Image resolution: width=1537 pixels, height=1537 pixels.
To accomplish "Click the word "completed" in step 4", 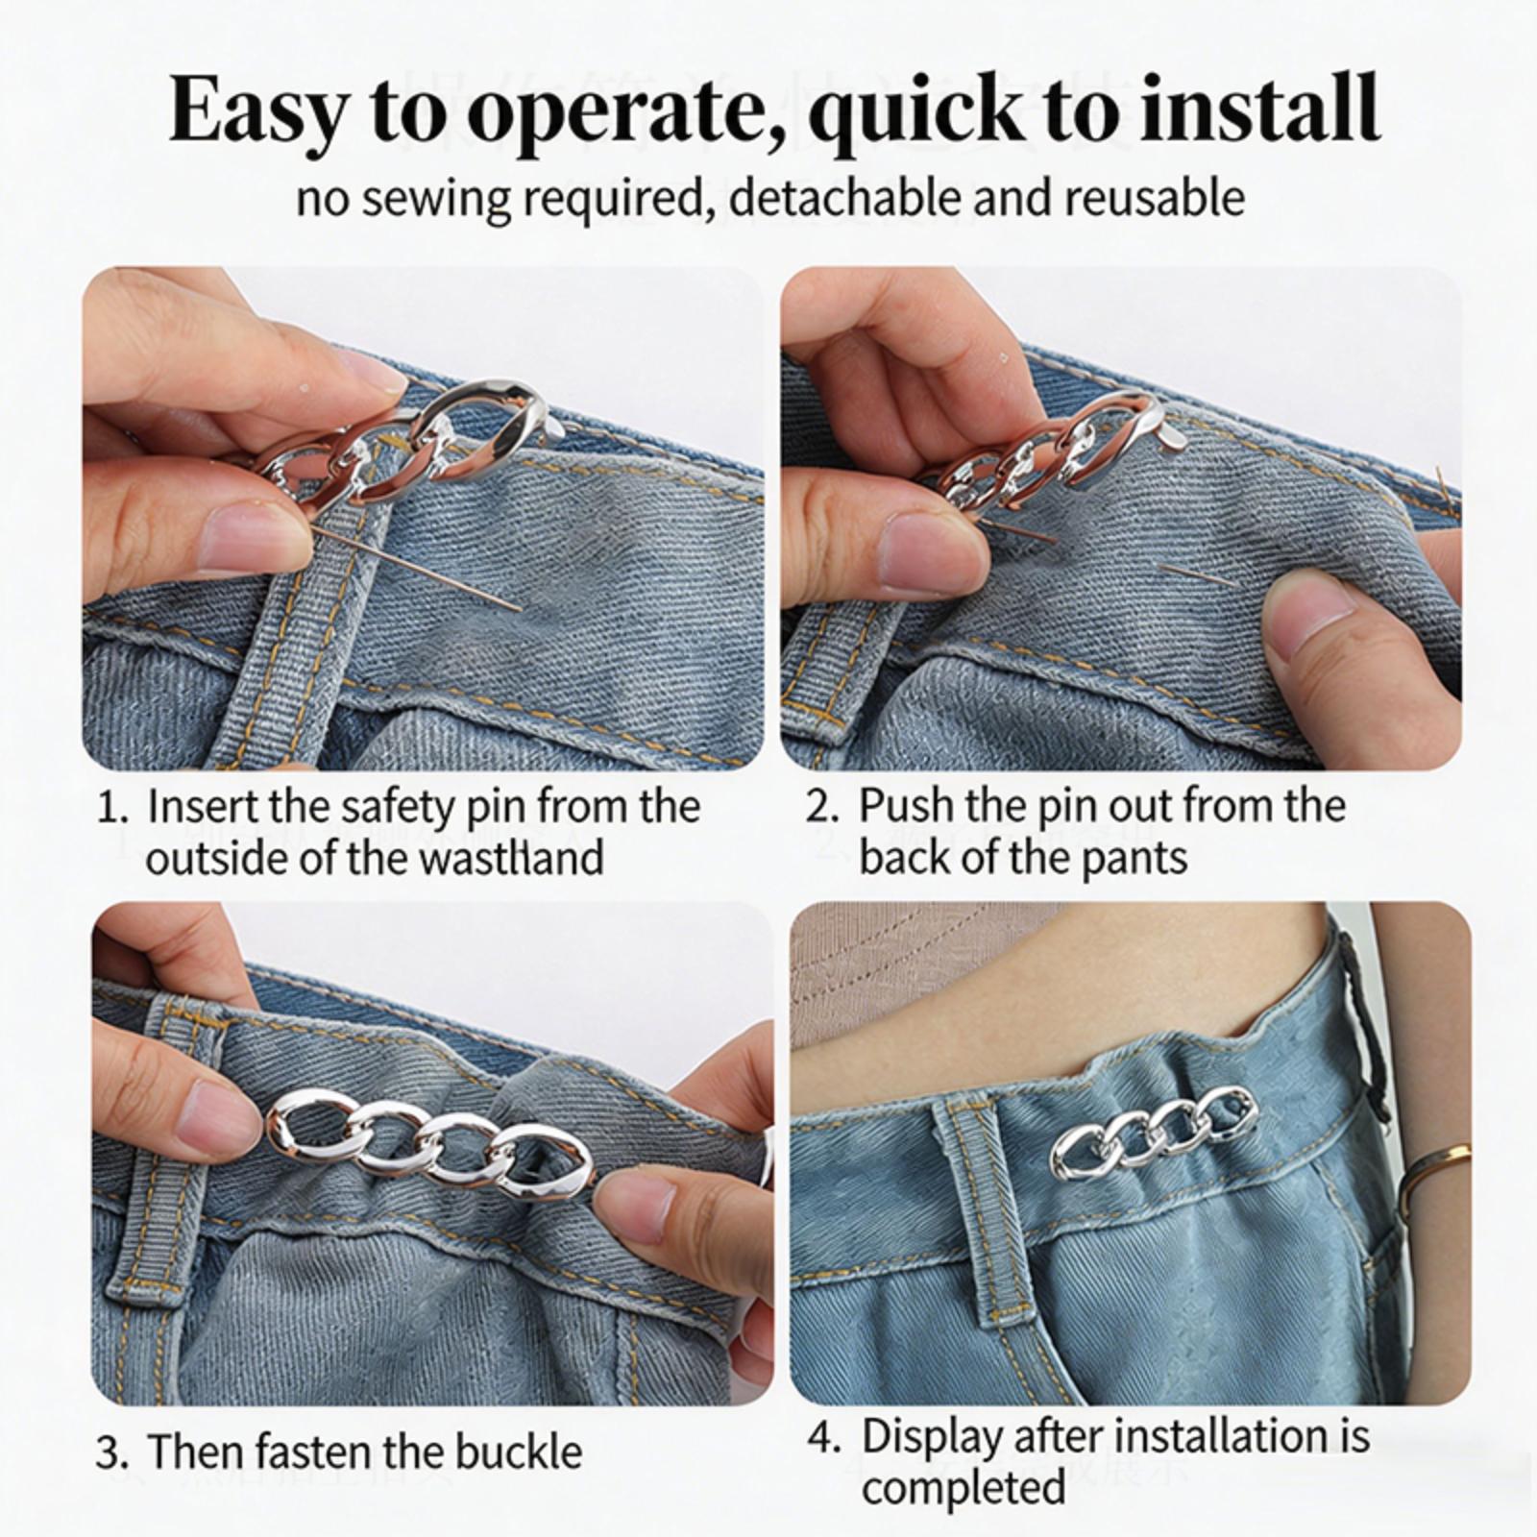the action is click(964, 1488).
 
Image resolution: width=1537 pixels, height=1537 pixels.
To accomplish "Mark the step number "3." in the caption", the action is click(113, 1451).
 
